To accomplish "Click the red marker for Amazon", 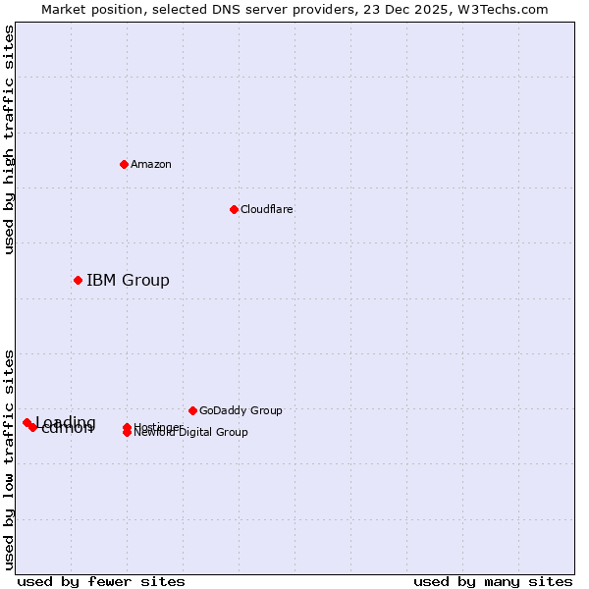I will tap(125, 164).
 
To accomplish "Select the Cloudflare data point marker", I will tap(234, 209).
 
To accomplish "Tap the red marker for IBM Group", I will tap(78, 281).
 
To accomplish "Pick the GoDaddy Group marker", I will tap(192, 410).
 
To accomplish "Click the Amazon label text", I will tap(150, 164).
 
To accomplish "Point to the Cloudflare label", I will tap(266, 209).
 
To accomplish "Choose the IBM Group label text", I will tap(128, 281).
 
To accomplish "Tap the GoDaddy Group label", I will tap(241, 410).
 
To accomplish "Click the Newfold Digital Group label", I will tap(191, 433).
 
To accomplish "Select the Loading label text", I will tap(66, 422).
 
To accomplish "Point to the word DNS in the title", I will tap(226, 9).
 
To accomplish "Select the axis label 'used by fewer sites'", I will tap(101, 581).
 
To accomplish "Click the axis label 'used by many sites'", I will tap(493, 581).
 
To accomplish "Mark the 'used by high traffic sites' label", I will tap(9, 139).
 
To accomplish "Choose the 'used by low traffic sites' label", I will tap(9, 458).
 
